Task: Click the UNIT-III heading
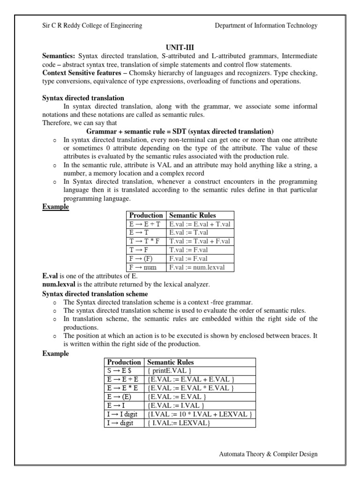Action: click(180, 48)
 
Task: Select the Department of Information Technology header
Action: click(266, 26)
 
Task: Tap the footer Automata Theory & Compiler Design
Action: click(268, 454)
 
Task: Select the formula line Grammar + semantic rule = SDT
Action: click(180, 131)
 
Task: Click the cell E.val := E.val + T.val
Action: click(200, 224)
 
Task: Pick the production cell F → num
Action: click(143, 267)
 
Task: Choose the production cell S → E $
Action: click(118, 371)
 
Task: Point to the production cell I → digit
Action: click(120, 423)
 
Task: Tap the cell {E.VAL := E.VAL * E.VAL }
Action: click(190, 388)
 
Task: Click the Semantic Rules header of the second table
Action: click(170, 362)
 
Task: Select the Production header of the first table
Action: click(146, 215)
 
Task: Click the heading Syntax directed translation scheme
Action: click(95, 293)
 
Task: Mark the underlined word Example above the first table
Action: click(56, 207)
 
